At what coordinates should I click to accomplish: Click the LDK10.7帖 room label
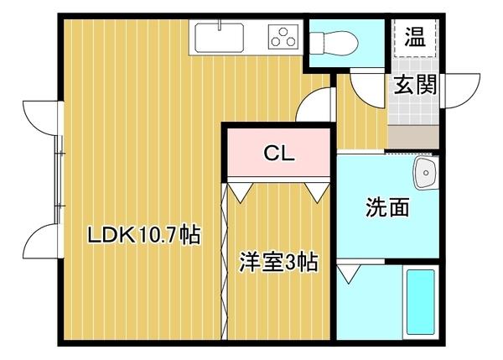(x=144, y=235)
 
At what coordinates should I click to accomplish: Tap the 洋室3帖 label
(x=279, y=263)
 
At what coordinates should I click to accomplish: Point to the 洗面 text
(x=386, y=207)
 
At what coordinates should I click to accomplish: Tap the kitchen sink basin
(x=220, y=37)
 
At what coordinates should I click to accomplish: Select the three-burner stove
(x=283, y=37)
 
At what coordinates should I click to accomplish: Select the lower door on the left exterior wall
(x=40, y=241)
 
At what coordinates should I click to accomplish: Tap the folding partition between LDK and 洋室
(x=224, y=260)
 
